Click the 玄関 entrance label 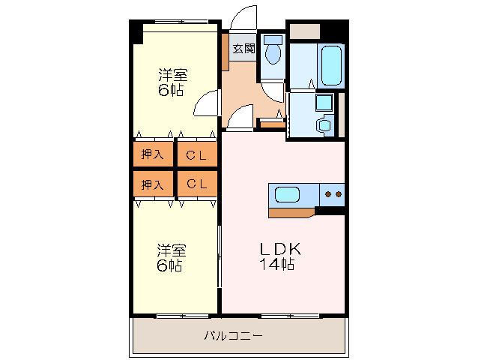(243, 49)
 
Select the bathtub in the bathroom (330, 66)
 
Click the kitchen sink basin (288, 195)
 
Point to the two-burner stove (332, 195)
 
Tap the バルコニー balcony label (234, 336)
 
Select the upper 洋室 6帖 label (172, 82)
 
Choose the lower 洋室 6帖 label (172, 257)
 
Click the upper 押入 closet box (154, 154)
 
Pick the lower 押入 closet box (154, 184)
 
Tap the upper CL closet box (197, 154)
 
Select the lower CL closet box (197, 184)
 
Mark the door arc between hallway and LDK (240, 117)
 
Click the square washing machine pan (324, 102)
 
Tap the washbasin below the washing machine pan (324, 124)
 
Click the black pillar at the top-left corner (136, 32)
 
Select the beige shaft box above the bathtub (304, 31)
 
